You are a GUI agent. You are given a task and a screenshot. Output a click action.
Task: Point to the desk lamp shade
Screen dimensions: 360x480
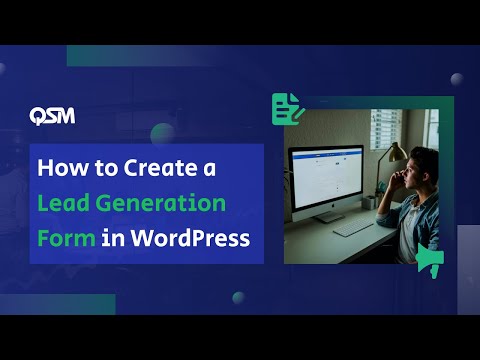coord(397,152)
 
